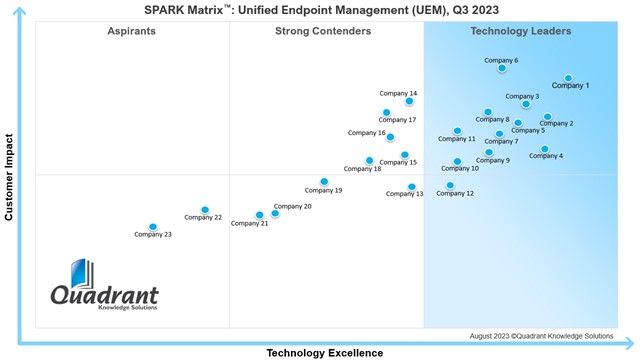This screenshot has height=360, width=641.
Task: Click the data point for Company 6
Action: [x=502, y=68]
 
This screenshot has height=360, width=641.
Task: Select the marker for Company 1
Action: [x=568, y=78]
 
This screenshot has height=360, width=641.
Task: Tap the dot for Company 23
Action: [x=152, y=227]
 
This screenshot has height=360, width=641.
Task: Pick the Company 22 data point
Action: [x=205, y=210]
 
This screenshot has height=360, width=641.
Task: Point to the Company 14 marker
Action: [x=409, y=101]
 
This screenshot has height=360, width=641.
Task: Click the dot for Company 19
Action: [x=324, y=181]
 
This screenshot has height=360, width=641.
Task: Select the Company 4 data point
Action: [x=544, y=149]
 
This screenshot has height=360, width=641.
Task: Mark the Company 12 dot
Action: [x=450, y=185]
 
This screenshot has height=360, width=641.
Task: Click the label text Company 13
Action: [x=404, y=194]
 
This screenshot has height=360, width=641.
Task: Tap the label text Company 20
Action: [x=292, y=206]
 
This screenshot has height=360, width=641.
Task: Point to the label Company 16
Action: [x=366, y=133]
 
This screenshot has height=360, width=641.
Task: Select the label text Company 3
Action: [x=522, y=96]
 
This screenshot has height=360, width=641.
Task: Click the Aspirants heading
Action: [x=131, y=31]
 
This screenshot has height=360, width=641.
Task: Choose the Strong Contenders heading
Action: [x=323, y=31]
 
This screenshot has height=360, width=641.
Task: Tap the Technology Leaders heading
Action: [x=520, y=31]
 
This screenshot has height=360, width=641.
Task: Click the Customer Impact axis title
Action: [x=9, y=177]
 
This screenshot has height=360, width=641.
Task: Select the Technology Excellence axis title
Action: [x=325, y=353]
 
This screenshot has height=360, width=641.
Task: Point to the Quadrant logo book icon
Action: [x=82, y=273]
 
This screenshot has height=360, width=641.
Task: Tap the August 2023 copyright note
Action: [x=541, y=336]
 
